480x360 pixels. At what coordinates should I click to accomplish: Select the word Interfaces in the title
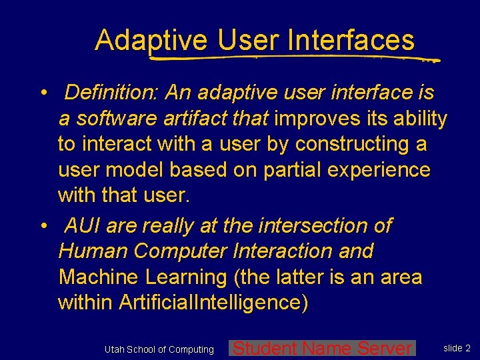(x=351, y=40)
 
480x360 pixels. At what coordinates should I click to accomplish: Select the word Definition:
(x=111, y=92)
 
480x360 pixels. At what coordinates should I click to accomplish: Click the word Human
(x=93, y=251)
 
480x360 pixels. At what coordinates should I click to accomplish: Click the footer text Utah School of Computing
(x=159, y=349)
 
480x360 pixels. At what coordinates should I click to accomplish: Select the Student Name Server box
(x=323, y=348)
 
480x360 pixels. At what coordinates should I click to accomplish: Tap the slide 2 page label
(x=457, y=348)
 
